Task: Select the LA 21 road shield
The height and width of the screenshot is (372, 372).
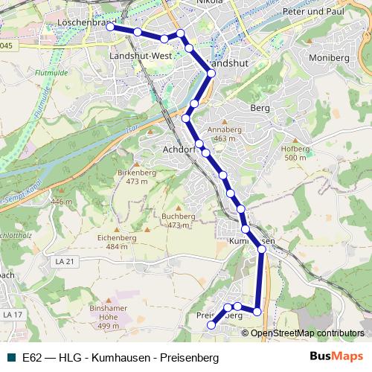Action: click(x=65, y=262)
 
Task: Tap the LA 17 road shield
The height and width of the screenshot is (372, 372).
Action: click(x=10, y=315)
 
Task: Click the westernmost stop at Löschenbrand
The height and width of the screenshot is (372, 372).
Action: click(x=111, y=27)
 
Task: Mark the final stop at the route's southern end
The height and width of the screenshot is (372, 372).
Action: click(x=211, y=324)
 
